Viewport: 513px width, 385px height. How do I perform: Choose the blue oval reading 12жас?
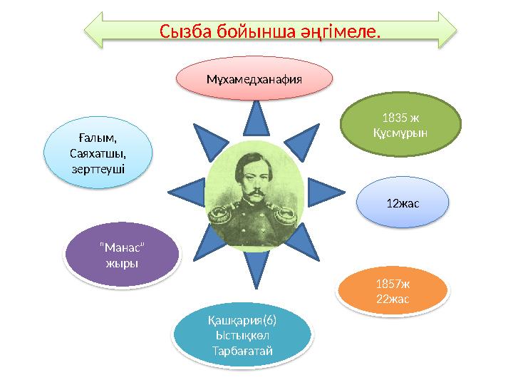[403, 203]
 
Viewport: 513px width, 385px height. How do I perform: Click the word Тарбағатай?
[243, 350]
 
